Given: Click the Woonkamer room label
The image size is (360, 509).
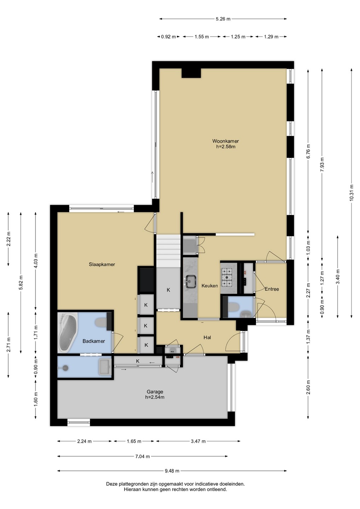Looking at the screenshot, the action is coord(226,141).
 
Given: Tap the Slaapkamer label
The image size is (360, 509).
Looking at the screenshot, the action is coord(102,264).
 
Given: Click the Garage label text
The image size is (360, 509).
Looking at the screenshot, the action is coord(155,392).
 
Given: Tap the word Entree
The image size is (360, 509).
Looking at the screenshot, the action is coord(272,289).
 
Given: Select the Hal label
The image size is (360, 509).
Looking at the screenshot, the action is coord(207,338).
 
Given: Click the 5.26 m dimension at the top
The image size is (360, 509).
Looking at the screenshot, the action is coord(223,19).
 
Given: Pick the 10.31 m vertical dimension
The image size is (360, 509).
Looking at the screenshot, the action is coord(352,192).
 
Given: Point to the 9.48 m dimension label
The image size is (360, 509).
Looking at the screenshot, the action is coord(172,471).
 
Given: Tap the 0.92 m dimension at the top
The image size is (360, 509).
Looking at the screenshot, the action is coord(168,37).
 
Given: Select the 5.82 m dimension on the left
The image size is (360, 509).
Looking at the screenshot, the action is coord(21,283).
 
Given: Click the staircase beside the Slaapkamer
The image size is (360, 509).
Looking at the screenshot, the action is coord(168,251).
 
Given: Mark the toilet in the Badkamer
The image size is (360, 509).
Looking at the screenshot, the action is coord(101,322).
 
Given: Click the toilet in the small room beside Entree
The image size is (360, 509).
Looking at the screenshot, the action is coord(233,307).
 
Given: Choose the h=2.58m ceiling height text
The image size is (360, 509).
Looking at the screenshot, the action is coord(226,147).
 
